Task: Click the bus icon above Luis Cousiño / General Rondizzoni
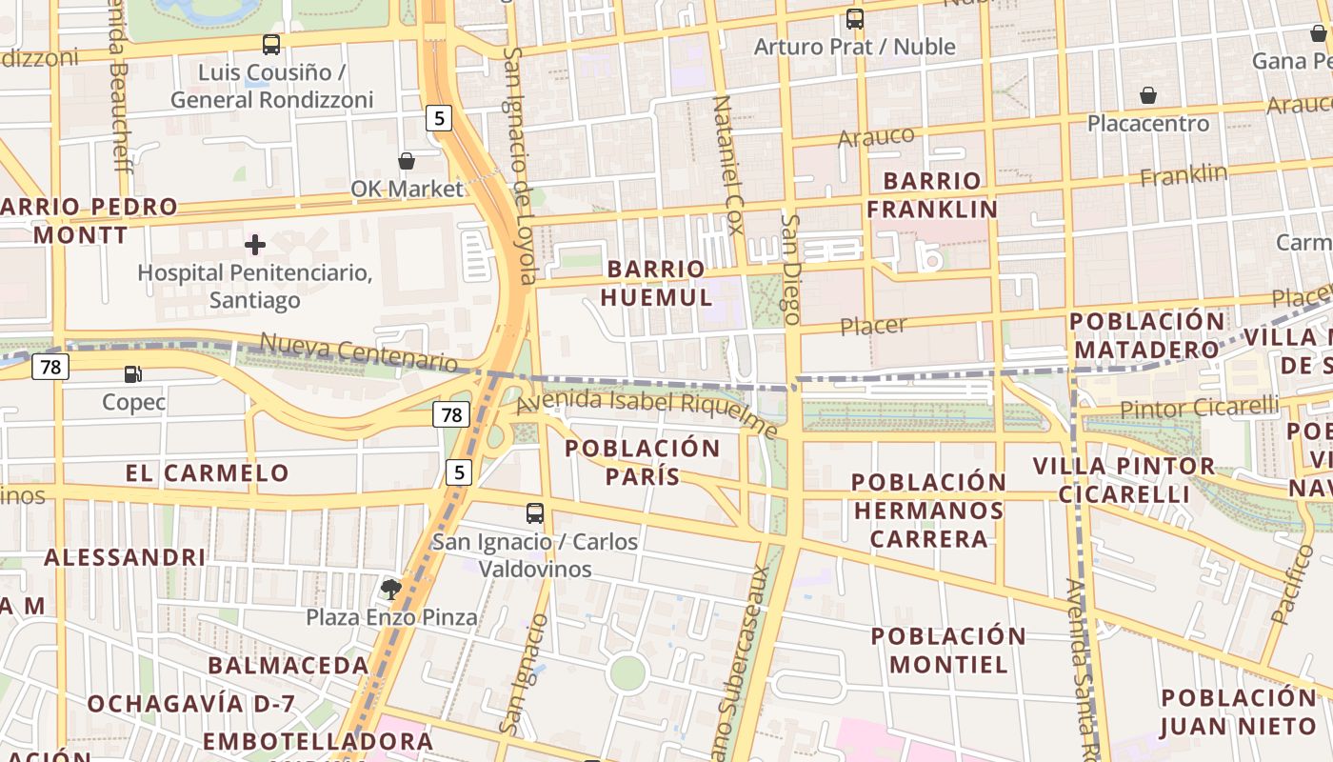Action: [x=271, y=44]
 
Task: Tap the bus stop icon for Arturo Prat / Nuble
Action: [x=855, y=18]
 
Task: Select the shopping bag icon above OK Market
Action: [x=407, y=161]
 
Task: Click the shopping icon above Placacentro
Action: [x=1148, y=95]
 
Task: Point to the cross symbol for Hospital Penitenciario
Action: [x=255, y=245]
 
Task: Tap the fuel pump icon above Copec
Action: [x=133, y=374]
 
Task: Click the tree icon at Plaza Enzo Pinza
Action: [x=390, y=589]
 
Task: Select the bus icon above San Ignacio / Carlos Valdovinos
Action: [x=535, y=513]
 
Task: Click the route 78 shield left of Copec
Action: [x=50, y=366]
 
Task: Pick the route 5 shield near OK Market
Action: [x=438, y=118]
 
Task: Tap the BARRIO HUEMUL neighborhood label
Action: [x=656, y=283]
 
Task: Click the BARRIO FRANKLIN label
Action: [x=932, y=194]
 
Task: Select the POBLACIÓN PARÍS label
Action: [x=643, y=462]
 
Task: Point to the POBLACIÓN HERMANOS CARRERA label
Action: [x=928, y=511]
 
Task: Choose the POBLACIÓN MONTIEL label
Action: [x=948, y=650]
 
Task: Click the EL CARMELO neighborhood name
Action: [x=207, y=472]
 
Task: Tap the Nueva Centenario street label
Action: [x=358, y=351]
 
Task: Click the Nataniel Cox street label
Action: [x=727, y=158]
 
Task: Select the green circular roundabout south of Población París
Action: [x=627, y=673]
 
